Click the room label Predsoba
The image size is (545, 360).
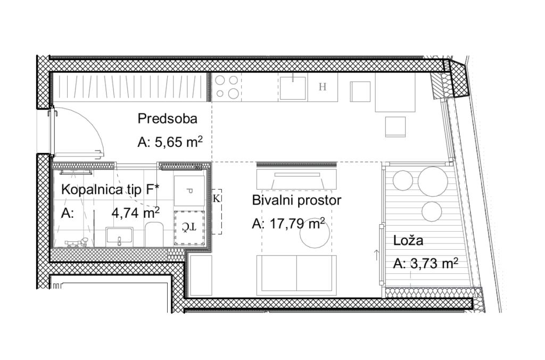[x=167, y=119]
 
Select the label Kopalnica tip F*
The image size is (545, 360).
[x=110, y=190]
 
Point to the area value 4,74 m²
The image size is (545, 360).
[x=135, y=212]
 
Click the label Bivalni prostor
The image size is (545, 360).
[x=296, y=200]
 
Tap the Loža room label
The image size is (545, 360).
[x=408, y=240]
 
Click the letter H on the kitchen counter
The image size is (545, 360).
[x=323, y=87]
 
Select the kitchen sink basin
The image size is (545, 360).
[x=293, y=88]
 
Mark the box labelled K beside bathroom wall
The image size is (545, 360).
[x=217, y=211]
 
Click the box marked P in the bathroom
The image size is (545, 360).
[x=189, y=191]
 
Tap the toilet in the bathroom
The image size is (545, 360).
[x=154, y=234]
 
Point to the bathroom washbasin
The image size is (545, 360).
[x=119, y=236]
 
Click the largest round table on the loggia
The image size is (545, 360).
[x=433, y=181]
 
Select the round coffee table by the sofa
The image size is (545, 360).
[x=315, y=233]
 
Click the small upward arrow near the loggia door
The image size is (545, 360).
[x=376, y=255]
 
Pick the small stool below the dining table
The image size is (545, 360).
[x=395, y=127]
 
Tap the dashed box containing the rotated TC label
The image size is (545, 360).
[x=189, y=227]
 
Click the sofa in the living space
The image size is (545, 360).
[x=296, y=275]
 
